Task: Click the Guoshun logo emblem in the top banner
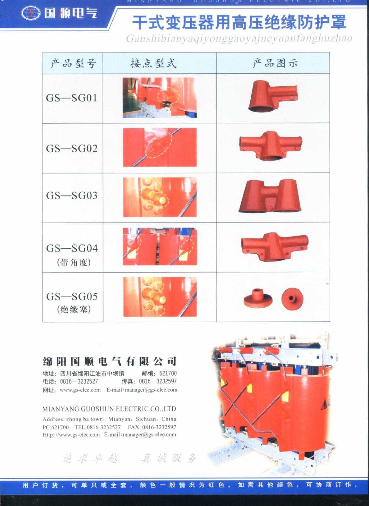(x=31, y=13)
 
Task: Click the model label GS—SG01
(x=71, y=98)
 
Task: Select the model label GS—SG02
(x=72, y=148)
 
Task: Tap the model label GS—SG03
(x=72, y=196)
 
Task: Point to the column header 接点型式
(x=153, y=63)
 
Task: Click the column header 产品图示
(x=275, y=63)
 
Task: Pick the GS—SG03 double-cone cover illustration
(x=270, y=196)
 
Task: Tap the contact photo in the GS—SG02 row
(x=160, y=147)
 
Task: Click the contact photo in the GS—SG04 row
(x=160, y=247)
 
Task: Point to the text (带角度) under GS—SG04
(x=74, y=262)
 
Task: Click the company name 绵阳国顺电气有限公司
(x=110, y=361)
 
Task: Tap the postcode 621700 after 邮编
(x=168, y=373)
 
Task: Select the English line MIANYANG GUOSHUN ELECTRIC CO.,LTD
(x=109, y=409)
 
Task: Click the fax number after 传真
(x=158, y=381)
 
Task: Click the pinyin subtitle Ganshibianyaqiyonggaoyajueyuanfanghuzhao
(x=239, y=39)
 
